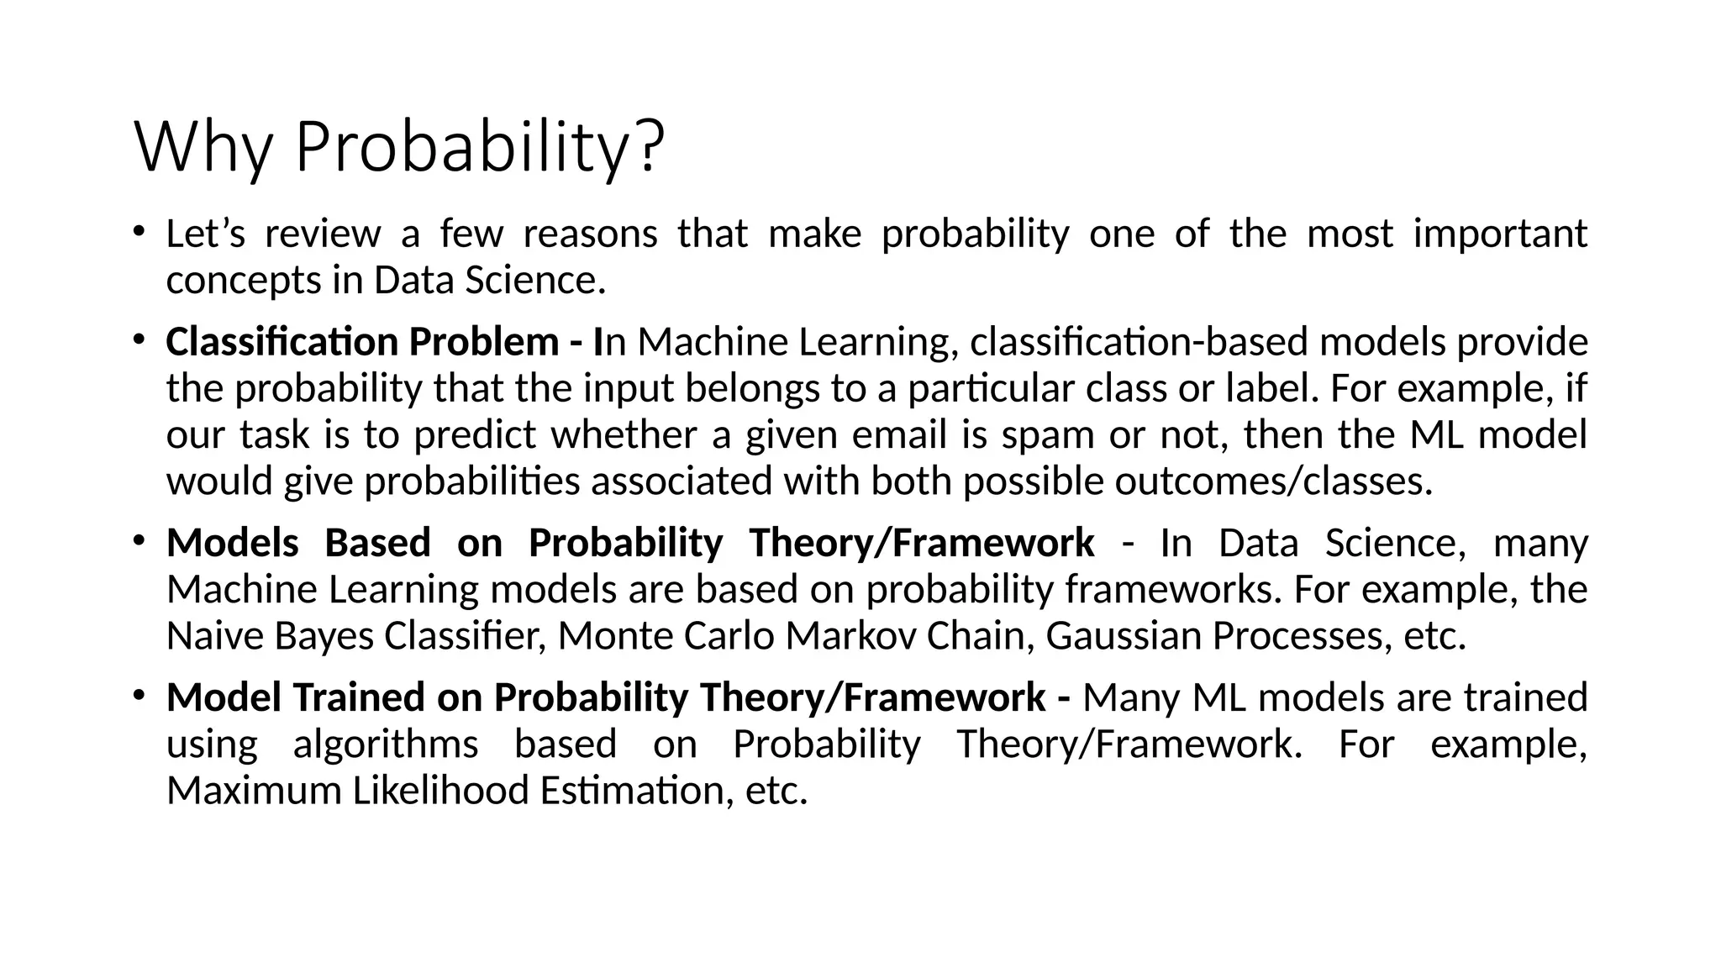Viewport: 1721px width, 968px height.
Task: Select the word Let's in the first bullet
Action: tap(205, 234)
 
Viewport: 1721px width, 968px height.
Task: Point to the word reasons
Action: tap(590, 234)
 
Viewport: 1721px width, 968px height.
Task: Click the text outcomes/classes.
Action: tap(1272, 481)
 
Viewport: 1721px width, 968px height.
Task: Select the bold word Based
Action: tap(377, 543)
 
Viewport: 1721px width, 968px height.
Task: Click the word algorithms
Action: tap(386, 744)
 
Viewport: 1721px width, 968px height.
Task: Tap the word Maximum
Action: tap(254, 791)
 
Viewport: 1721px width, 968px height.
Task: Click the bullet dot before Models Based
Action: tap(139, 539)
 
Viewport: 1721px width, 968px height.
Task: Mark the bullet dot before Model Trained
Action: tap(139, 694)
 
